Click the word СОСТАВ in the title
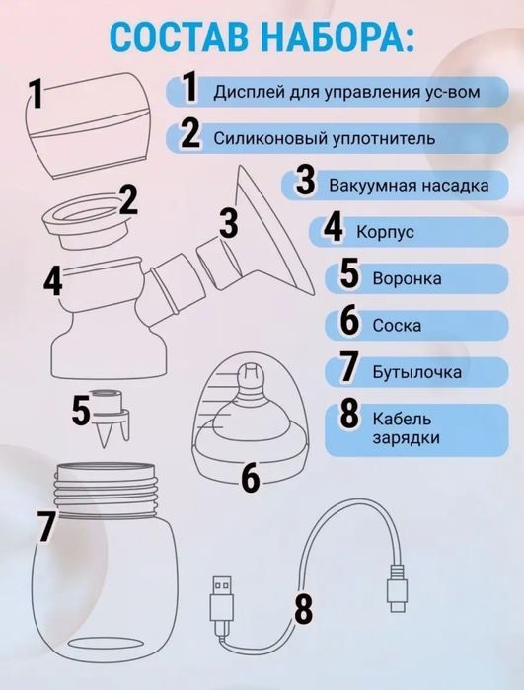178,36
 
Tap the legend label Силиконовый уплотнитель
325,139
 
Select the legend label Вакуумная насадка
409,186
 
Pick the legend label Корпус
386,232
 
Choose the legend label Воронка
407,278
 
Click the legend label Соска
397,326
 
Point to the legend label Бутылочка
417,372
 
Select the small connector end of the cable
397,587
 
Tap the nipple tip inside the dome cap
250,375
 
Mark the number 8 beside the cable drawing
303,609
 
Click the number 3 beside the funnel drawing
229,223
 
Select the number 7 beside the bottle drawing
45,526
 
